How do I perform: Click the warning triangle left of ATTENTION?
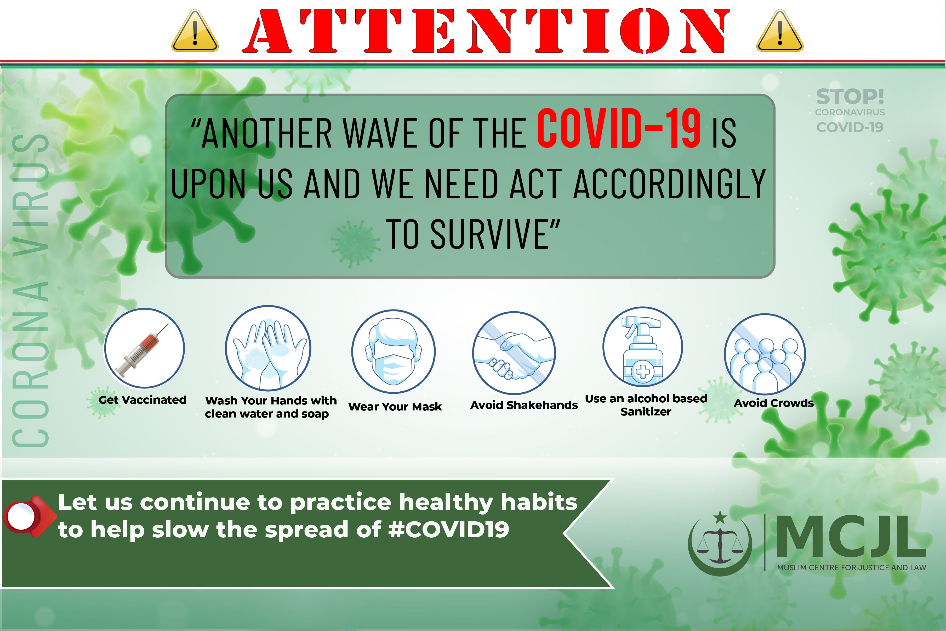[x=195, y=31]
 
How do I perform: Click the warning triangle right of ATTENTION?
[x=780, y=31]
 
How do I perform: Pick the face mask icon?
[x=393, y=351]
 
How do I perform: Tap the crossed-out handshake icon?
[x=514, y=353]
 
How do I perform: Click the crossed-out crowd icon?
[x=765, y=354]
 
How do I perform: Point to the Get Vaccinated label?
[x=143, y=400]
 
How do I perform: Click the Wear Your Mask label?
[x=395, y=407]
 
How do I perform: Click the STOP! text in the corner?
[x=850, y=97]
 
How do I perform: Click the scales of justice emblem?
[x=720, y=543]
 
